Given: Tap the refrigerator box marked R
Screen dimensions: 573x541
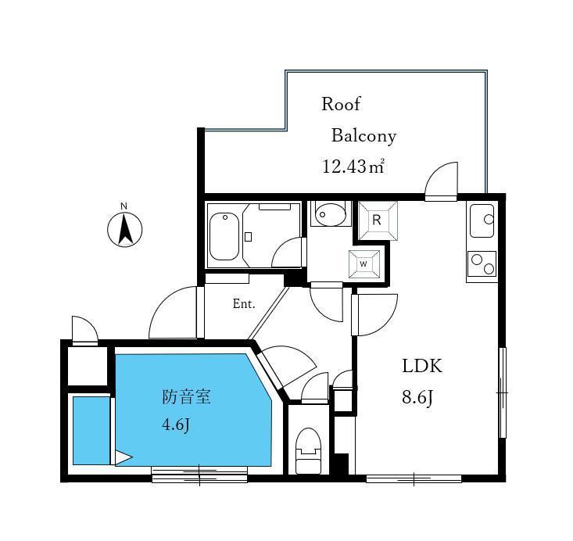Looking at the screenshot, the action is [378, 220].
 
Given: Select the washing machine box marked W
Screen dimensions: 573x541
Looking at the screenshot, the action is [364, 264].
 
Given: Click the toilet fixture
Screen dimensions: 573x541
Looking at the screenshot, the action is [308, 451].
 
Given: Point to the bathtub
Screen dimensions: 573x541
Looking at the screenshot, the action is [224, 236].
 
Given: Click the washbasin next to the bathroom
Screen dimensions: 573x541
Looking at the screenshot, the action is [331, 214].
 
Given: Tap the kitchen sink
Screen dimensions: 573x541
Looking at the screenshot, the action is [482, 220].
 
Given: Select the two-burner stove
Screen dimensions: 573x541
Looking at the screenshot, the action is [482, 264].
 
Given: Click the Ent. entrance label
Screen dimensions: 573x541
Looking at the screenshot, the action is [244, 303].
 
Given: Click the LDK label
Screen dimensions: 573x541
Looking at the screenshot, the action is [422, 366].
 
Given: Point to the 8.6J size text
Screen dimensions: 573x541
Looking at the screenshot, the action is [417, 397].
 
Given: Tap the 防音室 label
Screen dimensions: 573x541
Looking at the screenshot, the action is [186, 396].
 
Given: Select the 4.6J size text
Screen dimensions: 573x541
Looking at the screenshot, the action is [176, 425].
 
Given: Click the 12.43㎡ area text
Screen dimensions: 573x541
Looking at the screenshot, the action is [353, 167].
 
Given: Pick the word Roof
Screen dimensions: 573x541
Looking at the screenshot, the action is [341, 104].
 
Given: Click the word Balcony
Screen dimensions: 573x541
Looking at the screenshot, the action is [364, 136].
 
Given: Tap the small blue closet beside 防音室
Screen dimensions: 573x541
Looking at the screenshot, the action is [91, 431].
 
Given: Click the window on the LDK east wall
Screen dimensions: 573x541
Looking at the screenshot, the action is [503, 392].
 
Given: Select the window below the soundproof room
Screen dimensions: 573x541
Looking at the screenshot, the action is [199, 474].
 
